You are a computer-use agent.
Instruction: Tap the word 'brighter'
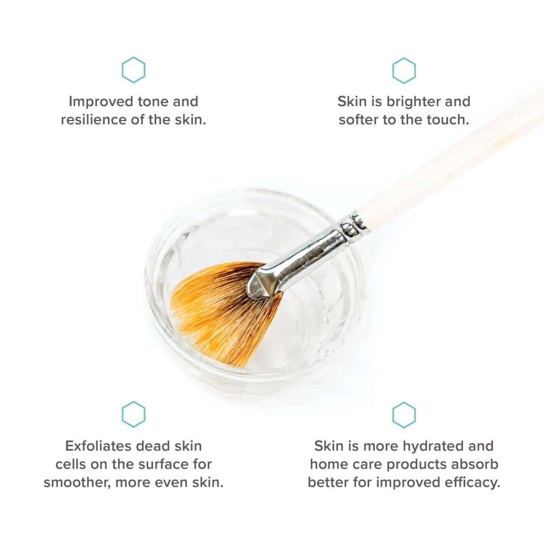pos(413,101)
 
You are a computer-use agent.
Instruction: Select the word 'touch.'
pos(448,120)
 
